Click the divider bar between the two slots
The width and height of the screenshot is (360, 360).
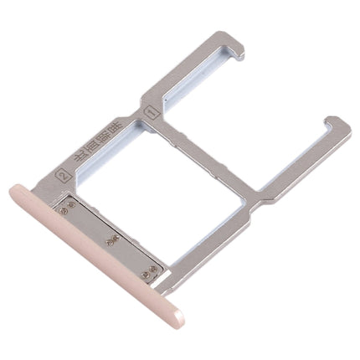point(201,142)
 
